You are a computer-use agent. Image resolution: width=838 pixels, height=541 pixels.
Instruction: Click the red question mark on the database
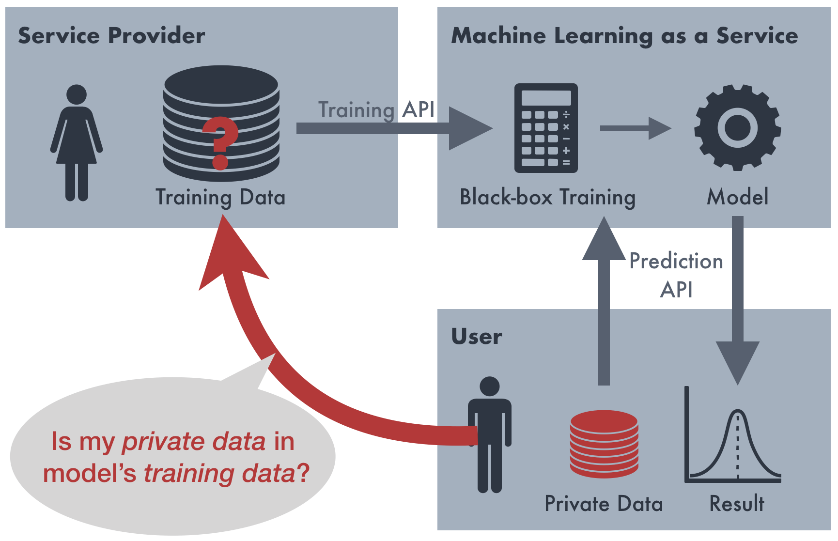point(220,142)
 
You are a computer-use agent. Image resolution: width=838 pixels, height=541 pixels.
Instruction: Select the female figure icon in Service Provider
point(77,142)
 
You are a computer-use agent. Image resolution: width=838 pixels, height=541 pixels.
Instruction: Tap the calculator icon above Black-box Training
point(546,128)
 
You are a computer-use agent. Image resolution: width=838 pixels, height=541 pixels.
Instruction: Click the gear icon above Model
point(737,128)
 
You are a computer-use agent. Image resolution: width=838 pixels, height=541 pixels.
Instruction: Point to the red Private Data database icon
point(604,444)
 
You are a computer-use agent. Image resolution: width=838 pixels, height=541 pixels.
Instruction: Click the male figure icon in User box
point(490,434)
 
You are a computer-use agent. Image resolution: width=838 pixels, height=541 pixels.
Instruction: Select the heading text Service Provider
point(111,36)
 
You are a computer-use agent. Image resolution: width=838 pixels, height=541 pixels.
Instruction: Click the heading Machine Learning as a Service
point(624,36)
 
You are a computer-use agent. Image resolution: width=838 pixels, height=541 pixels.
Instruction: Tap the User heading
point(477,336)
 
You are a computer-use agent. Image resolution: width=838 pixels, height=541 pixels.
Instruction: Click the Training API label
point(376,110)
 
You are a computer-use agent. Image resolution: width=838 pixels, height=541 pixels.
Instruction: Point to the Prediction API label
point(676,275)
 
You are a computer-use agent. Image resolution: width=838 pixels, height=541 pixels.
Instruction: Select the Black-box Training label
point(547,197)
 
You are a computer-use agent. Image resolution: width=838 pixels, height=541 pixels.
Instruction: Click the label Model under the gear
point(737,197)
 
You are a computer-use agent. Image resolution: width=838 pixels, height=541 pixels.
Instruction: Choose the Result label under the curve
point(737,504)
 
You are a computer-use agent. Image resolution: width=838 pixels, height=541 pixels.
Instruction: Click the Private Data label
point(604,504)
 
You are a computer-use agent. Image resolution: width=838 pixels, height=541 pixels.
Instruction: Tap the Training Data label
point(220,198)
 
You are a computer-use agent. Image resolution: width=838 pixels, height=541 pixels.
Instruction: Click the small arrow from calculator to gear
point(635,128)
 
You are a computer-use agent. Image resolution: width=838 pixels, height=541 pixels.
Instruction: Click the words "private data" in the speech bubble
point(194,442)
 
